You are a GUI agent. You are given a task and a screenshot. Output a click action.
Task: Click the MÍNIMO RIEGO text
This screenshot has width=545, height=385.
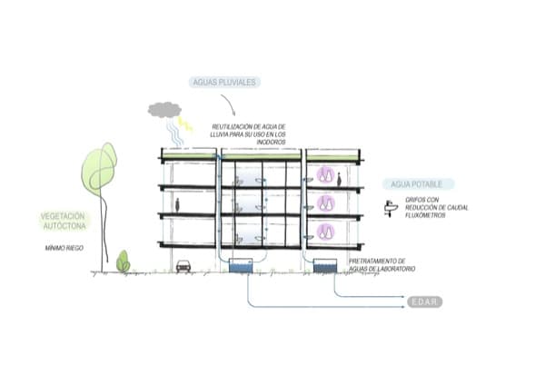[x=64, y=247]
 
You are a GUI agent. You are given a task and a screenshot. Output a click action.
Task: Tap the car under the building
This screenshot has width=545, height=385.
[x=183, y=266]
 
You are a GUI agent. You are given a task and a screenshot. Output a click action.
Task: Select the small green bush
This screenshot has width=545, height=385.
[x=123, y=262]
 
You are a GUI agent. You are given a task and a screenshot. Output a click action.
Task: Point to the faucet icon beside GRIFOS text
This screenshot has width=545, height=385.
[x=391, y=210]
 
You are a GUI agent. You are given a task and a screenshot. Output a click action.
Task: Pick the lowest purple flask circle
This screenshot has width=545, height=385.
[x=324, y=231]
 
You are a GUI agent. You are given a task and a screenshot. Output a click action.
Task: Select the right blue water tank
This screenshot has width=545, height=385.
[x=324, y=267]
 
